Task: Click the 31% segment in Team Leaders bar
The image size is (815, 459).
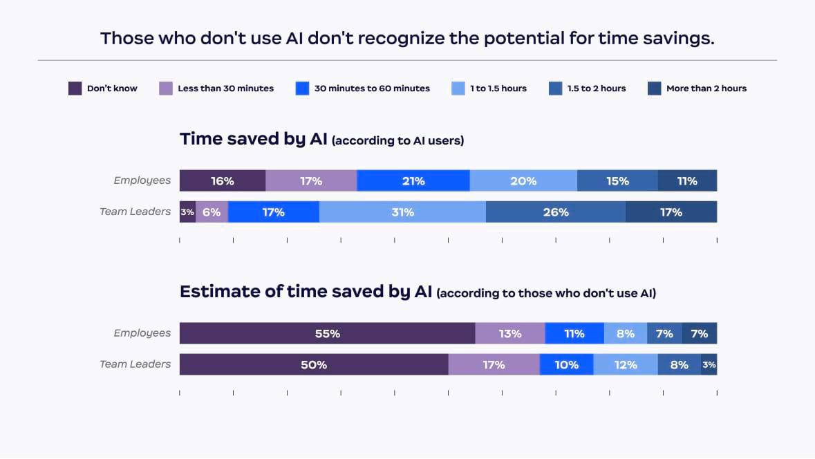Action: [402, 212]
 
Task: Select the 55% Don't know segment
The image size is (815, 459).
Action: [327, 333]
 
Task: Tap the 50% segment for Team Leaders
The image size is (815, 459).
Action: [314, 364]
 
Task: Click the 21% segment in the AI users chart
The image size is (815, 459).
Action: [413, 180]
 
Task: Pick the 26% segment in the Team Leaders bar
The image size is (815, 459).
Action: [556, 212]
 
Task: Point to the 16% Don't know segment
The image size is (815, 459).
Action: [223, 180]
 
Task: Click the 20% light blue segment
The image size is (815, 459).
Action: [523, 180]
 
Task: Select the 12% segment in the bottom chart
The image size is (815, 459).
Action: [626, 364]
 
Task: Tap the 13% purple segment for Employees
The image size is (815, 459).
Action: [510, 333]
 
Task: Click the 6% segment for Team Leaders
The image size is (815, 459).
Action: [212, 212]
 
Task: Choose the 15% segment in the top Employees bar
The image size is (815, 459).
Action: [617, 180]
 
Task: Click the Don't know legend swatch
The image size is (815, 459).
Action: [75, 88]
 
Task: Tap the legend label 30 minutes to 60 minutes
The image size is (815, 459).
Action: [372, 88]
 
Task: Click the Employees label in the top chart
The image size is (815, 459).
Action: [142, 180]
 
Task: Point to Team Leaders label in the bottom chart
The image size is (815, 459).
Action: [135, 364]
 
